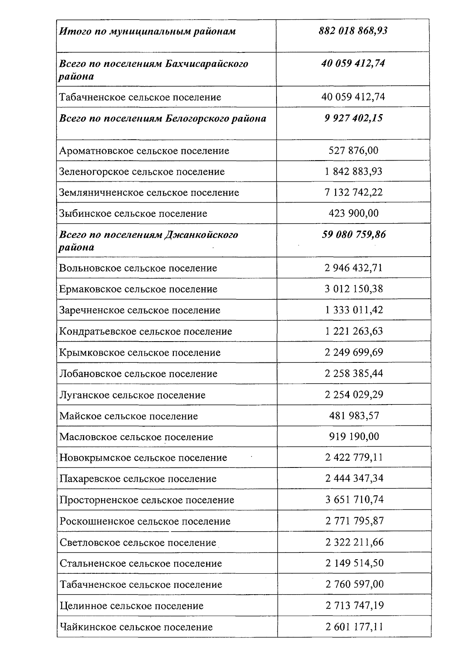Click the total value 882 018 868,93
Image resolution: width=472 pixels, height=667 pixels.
[x=353, y=31]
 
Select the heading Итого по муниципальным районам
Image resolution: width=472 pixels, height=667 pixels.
[x=147, y=31]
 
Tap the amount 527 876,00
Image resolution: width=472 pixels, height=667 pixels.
[x=353, y=150]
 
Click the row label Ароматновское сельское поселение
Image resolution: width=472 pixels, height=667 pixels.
[x=144, y=151]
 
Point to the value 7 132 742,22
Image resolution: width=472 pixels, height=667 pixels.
[x=353, y=192]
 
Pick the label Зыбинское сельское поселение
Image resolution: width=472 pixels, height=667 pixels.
[x=133, y=214]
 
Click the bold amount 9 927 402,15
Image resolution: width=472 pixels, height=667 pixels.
[x=353, y=118]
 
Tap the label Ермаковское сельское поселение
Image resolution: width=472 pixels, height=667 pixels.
[x=138, y=289]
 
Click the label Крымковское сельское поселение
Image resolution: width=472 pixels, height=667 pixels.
[x=140, y=353]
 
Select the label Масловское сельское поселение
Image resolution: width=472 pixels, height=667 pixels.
[x=136, y=437]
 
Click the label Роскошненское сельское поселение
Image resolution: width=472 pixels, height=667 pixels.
[x=145, y=521]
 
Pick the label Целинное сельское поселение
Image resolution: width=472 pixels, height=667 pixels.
[x=131, y=606]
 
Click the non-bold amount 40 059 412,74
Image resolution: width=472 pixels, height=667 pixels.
[x=353, y=97]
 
